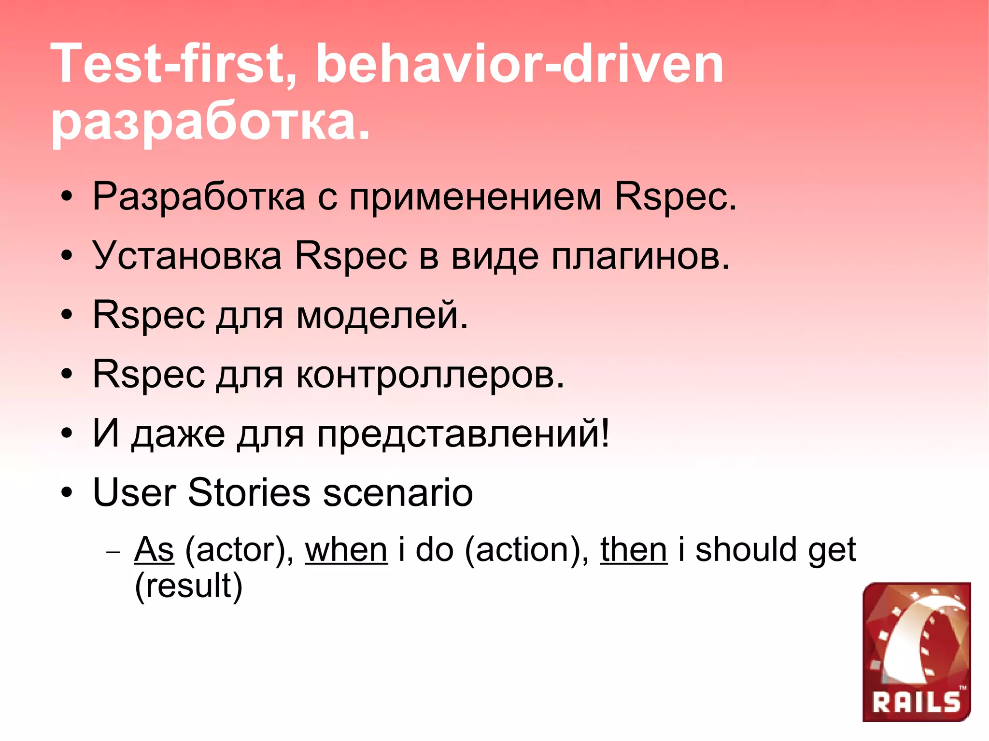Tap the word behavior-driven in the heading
[519, 64]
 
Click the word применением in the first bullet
[476, 197]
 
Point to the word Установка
[187, 256]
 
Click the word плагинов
[641, 256]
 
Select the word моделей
[382, 315]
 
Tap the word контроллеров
[430, 374]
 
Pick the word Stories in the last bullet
[249, 492]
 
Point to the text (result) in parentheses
[188, 586]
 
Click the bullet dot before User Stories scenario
[67, 493]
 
